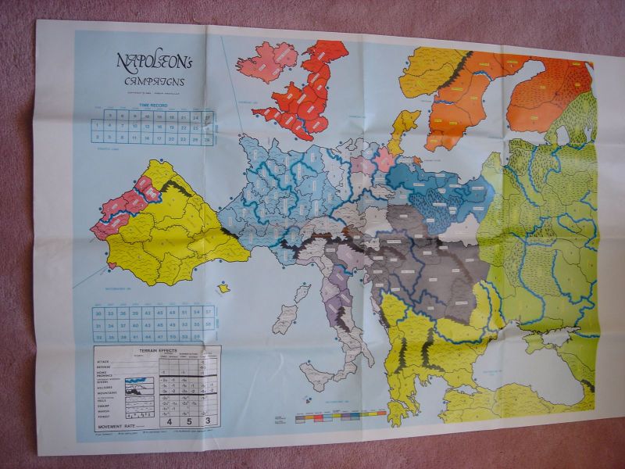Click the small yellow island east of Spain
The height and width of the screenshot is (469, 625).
pyautogui.click(x=224, y=288)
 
